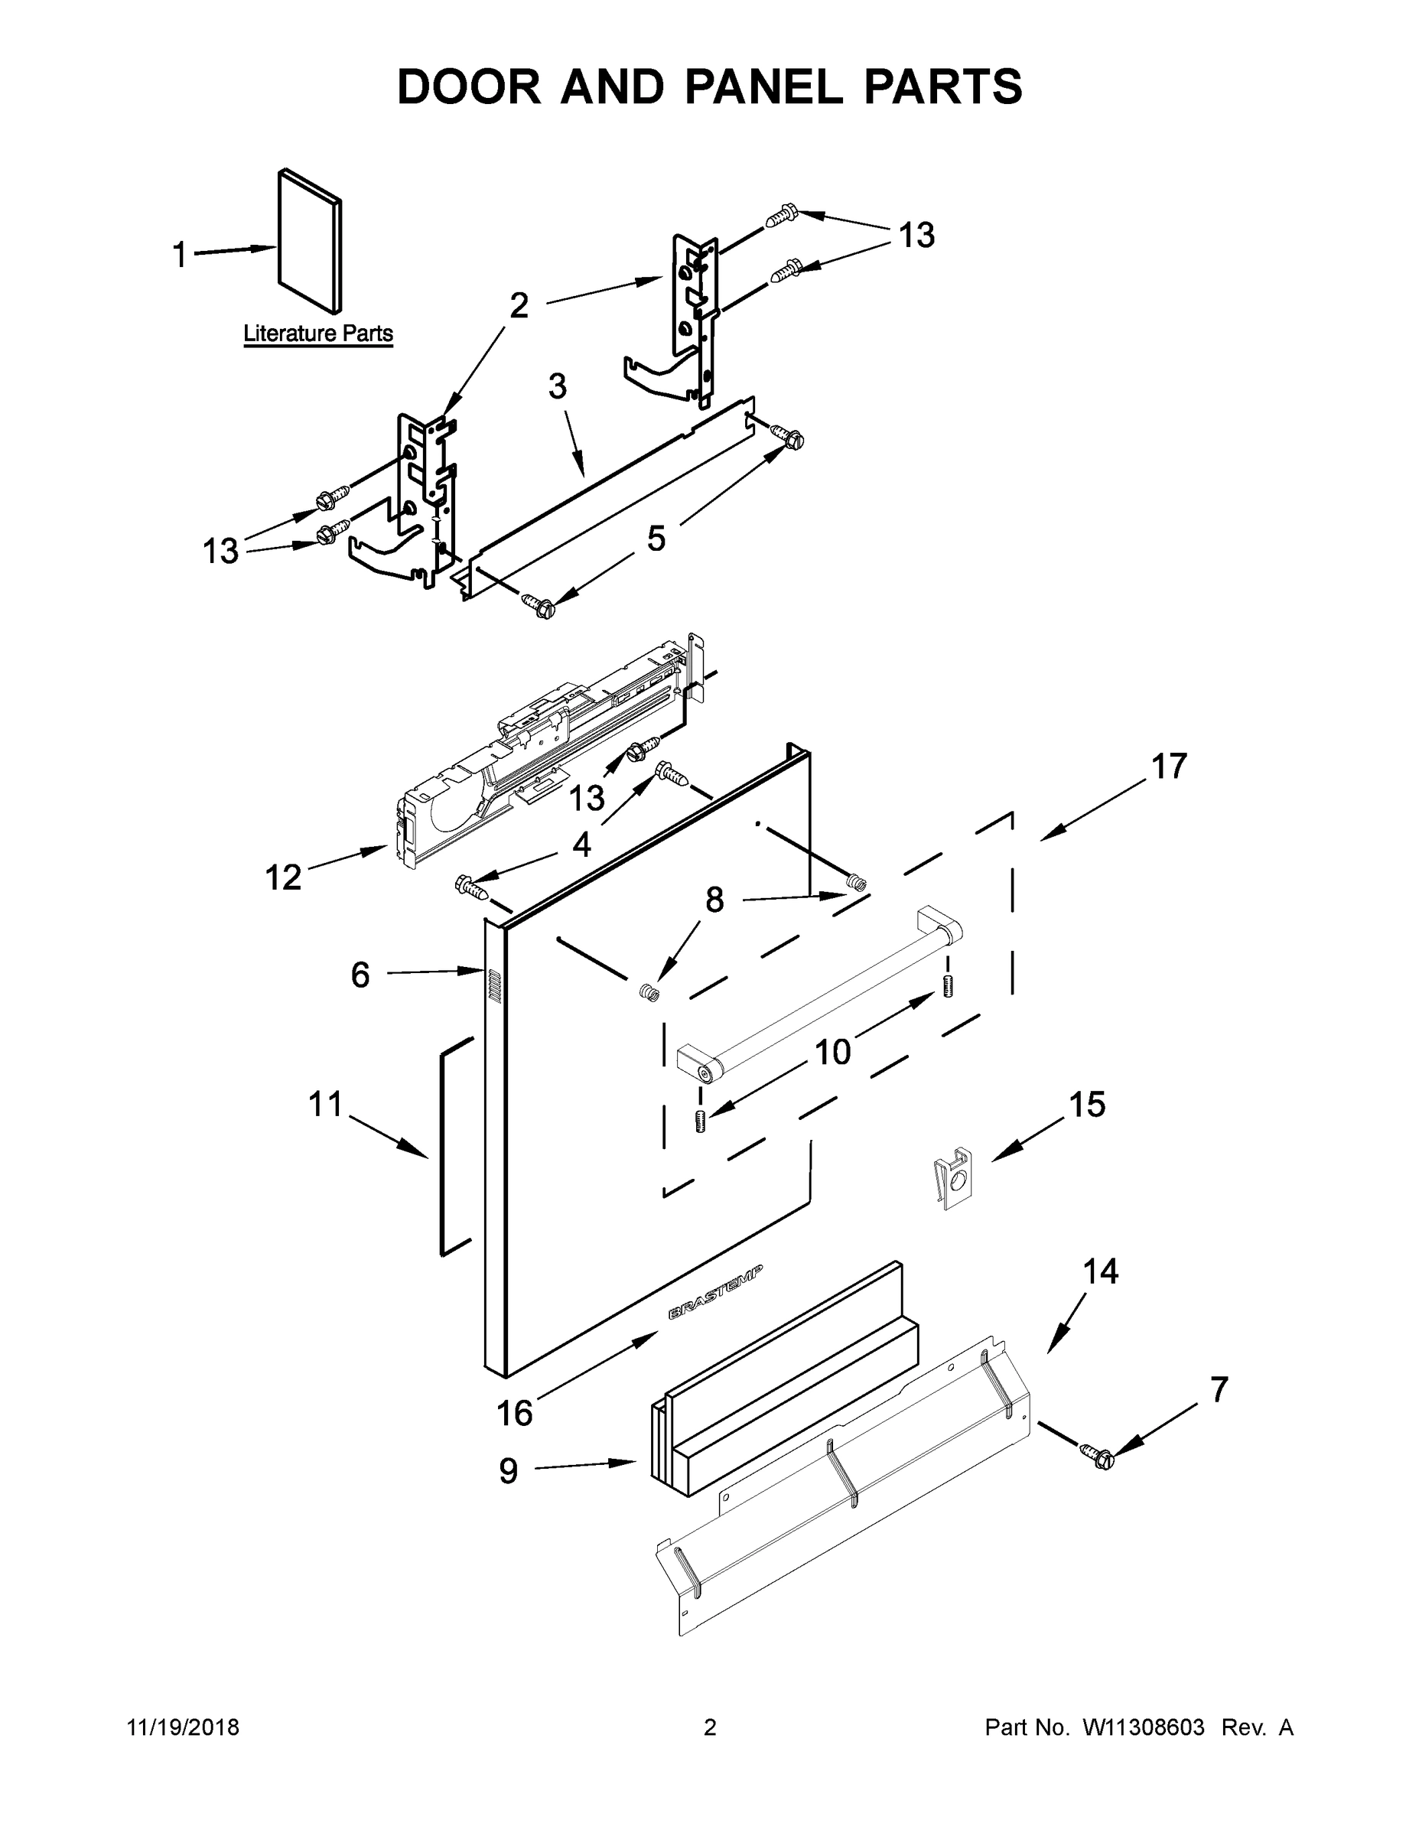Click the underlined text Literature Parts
coord(317,334)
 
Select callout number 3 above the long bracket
coord(558,386)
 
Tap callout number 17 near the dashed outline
coord(1169,766)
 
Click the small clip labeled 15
coord(953,1179)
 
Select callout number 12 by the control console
coord(282,877)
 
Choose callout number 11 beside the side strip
coord(325,1104)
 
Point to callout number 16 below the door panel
coord(513,1413)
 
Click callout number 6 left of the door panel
coord(360,975)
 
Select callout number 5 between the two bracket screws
coord(656,539)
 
